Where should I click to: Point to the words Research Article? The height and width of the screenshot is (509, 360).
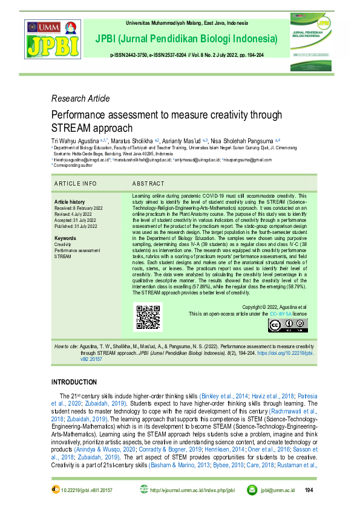point(80,99)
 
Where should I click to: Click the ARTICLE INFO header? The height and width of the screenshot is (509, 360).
point(75,183)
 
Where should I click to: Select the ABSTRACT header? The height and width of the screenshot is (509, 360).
point(148,183)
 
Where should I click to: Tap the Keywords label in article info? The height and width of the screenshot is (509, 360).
point(66,238)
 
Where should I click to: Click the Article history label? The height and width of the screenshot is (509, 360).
point(70,201)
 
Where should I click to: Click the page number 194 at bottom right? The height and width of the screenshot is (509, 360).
point(309,490)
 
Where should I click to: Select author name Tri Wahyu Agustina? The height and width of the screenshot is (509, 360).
point(77,140)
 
